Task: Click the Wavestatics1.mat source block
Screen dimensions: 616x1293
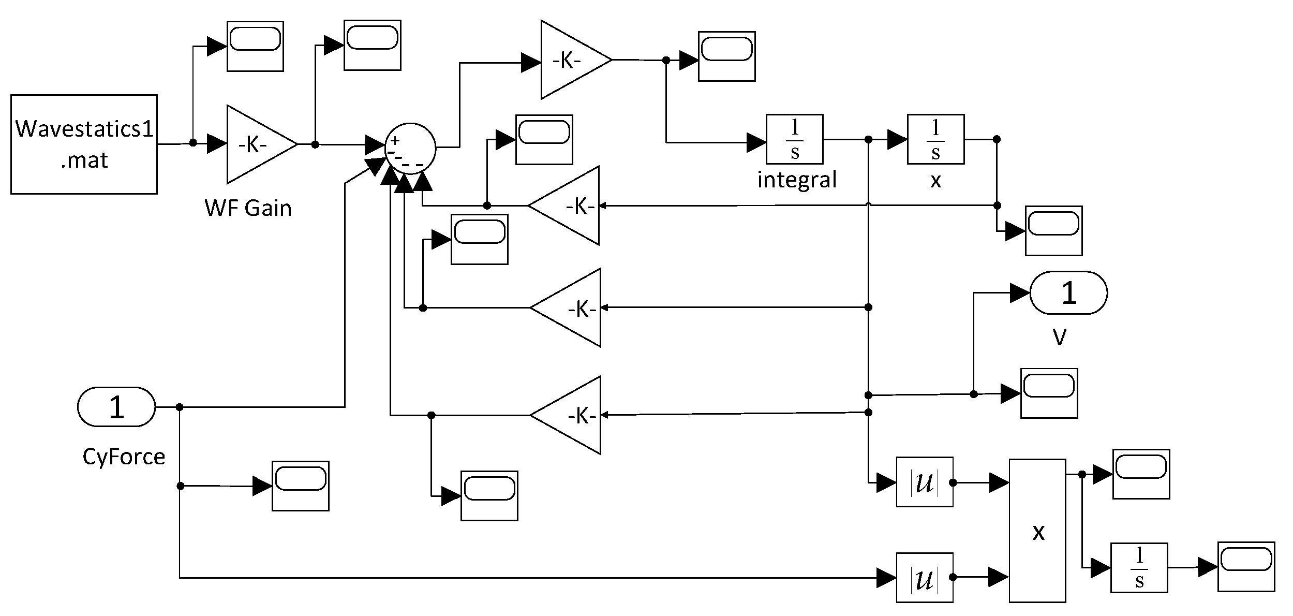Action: click(x=84, y=144)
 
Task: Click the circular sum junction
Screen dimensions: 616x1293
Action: click(x=410, y=148)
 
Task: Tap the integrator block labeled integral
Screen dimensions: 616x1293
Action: click(x=794, y=139)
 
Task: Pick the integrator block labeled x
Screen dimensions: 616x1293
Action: click(x=935, y=139)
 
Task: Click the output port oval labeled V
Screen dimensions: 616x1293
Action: click(x=1068, y=293)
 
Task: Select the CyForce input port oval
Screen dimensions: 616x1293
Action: click(x=116, y=407)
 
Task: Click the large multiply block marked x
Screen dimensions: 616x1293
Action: click(x=1037, y=531)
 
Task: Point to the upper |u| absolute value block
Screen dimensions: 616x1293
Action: click(x=925, y=482)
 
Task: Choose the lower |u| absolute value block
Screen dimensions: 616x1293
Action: click(x=925, y=578)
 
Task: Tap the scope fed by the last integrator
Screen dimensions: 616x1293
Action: click(x=1246, y=566)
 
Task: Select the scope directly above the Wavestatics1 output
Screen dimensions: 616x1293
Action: click(x=255, y=46)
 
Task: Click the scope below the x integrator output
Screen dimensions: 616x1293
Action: click(x=1053, y=231)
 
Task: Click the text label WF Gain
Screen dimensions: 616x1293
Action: click(x=248, y=208)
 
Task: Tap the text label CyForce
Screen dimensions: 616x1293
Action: click(x=124, y=457)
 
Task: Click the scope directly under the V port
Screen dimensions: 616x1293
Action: click(x=1049, y=393)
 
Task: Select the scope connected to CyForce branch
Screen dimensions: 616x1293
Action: click(x=300, y=486)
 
